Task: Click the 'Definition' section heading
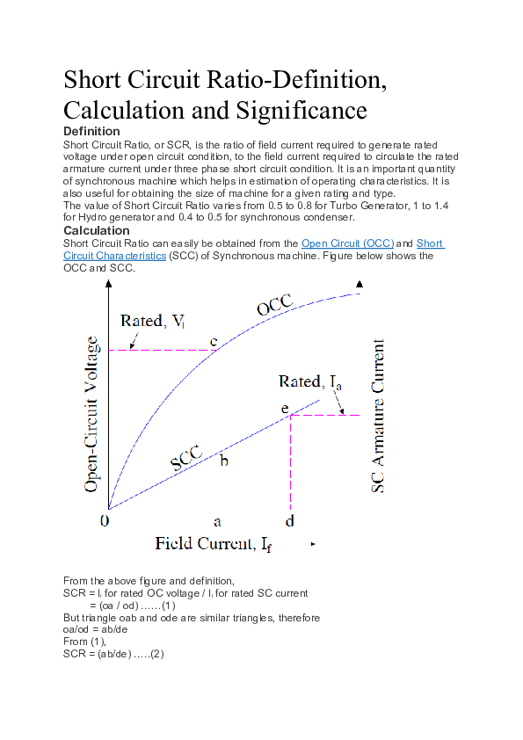[x=91, y=131]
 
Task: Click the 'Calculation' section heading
[x=97, y=230]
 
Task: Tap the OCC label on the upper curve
[x=274, y=304]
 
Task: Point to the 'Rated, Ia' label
[x=309, y=381]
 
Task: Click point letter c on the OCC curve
[x=213, y=340]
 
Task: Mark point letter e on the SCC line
[x=285, y=409]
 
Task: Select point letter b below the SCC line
[x=224, y=461]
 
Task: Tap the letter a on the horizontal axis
[x=217, y=520]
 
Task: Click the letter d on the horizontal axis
[x=289, y=520]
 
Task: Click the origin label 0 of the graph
[x=105, y=520]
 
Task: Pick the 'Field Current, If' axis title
[x=213, y=543]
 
